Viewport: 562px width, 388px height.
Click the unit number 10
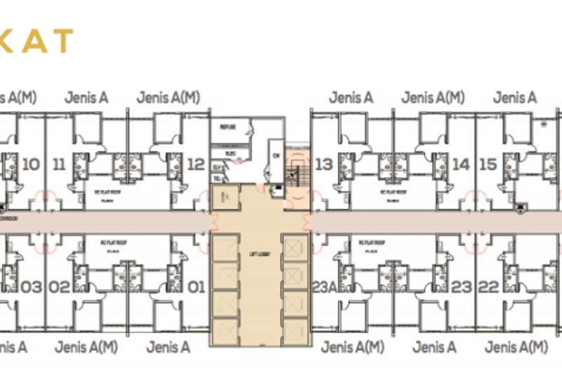click(x=31, y=164)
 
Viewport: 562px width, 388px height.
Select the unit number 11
click(x=59, y=164)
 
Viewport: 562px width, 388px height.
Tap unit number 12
click(x=196, y=164)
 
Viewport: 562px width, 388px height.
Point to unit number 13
click(x=324, y=164)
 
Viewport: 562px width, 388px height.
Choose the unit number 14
click(x=461, y=164)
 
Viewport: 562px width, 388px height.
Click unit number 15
click(x=488, y=164)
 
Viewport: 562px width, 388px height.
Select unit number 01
click(x=196, y=287)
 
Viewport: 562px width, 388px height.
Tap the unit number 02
click(x=60, y=287)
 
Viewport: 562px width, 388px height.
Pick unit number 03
click(x=32, y=287)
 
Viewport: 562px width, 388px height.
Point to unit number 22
click(x=489, y=287)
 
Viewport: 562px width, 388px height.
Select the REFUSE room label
click(x=228, y=127)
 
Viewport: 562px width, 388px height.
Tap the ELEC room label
click(x=230, y=152)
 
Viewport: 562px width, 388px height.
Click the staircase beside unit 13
click(x=296, y=173)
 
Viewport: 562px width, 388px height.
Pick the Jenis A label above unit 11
click(x=86, y=98)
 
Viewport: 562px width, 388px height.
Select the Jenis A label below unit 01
click(x=168, y=347)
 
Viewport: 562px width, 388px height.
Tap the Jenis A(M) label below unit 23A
click(x=353, y=347)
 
